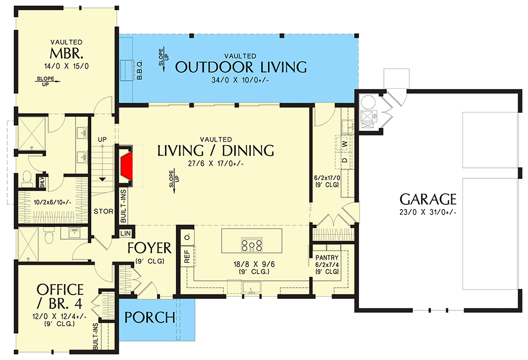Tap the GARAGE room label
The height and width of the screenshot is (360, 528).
pyautogui.click(x=428, y=200)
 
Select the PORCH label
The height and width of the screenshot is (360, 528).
pyautogui.click(x=150, y=317)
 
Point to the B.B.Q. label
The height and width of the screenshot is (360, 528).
pyautogui.click(x=140, y=72)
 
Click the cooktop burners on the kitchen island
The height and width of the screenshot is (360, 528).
pyautogui.click(x=252, y=244)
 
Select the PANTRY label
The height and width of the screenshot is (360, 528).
pyautogui.click(x=326, y=258)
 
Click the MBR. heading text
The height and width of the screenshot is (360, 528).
pyautogui.click(x=65, y=54)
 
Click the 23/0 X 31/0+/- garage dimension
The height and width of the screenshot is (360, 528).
pyautogui.click(x=428, y=212)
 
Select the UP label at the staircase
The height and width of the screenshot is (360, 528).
pyautogui.click(x=102, y=139)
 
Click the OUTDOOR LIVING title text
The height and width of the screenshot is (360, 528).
pyautogui.click(x=240, y=67)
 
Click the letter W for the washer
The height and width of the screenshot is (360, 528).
pyautogui.click(x=344, y=144)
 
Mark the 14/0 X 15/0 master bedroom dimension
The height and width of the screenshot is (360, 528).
pyautogui.click(x=65, y=67)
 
